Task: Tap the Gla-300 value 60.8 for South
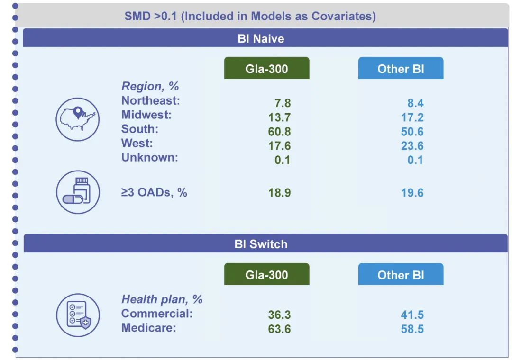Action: (279, 132)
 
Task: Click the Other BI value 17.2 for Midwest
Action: (412, 117)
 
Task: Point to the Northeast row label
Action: (151, 100)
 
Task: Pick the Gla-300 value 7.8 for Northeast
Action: (283, 103)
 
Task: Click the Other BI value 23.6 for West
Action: (412, 145)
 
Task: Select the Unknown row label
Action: (149, 157)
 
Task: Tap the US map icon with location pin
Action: (78, 119)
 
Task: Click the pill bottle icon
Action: (78, 192)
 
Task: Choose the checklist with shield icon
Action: (78, 315)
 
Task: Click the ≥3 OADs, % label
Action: (154, 192)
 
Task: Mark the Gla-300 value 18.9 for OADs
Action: (279, 193)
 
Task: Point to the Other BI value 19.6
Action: (412, 193)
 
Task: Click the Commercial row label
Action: (157, 313)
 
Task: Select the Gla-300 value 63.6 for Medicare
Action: (279, 329)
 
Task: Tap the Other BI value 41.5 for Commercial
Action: (412, 315)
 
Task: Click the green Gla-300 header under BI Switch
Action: (266, 274)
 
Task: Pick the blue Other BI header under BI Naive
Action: (401, 68)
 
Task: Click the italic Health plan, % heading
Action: (162, 299)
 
